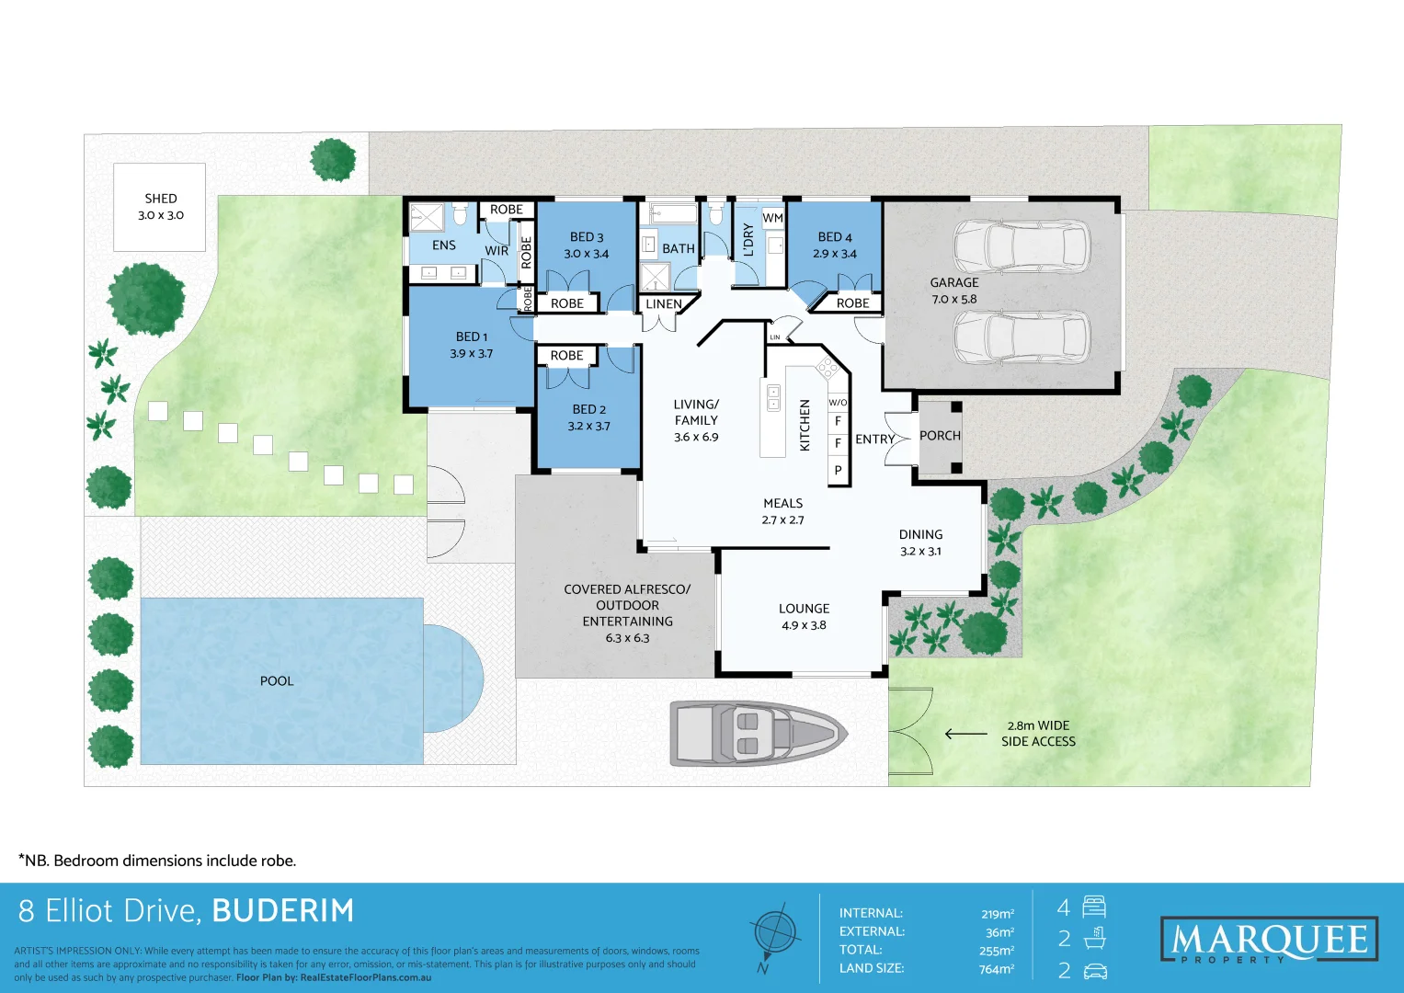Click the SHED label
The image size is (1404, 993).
coord(161,199)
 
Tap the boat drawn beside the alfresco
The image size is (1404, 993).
coord(759,734)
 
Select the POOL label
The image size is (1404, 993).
coord(277,680)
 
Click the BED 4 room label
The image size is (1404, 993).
coord(834,237)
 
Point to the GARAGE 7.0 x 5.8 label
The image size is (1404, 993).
coord(954,291)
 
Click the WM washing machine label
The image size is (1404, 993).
coord(772,218)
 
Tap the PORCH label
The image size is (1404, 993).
coord(940,436)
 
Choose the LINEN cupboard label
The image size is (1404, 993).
coord(664,304)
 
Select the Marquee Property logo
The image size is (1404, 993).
coord(1269,939)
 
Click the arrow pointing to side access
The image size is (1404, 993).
coord(965,734)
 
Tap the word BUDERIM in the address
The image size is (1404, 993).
coord(283,911)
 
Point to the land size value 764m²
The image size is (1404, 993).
coord(997,968)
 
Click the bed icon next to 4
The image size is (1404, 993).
coord(1094,907)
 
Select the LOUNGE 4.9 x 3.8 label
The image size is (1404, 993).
coord(805,617)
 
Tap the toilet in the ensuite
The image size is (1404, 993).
coord(460,214)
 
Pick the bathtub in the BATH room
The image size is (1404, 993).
coord(672,213)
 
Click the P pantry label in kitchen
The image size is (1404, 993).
coord(838,470)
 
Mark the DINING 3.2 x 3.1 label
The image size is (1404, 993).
coord(920,542)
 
